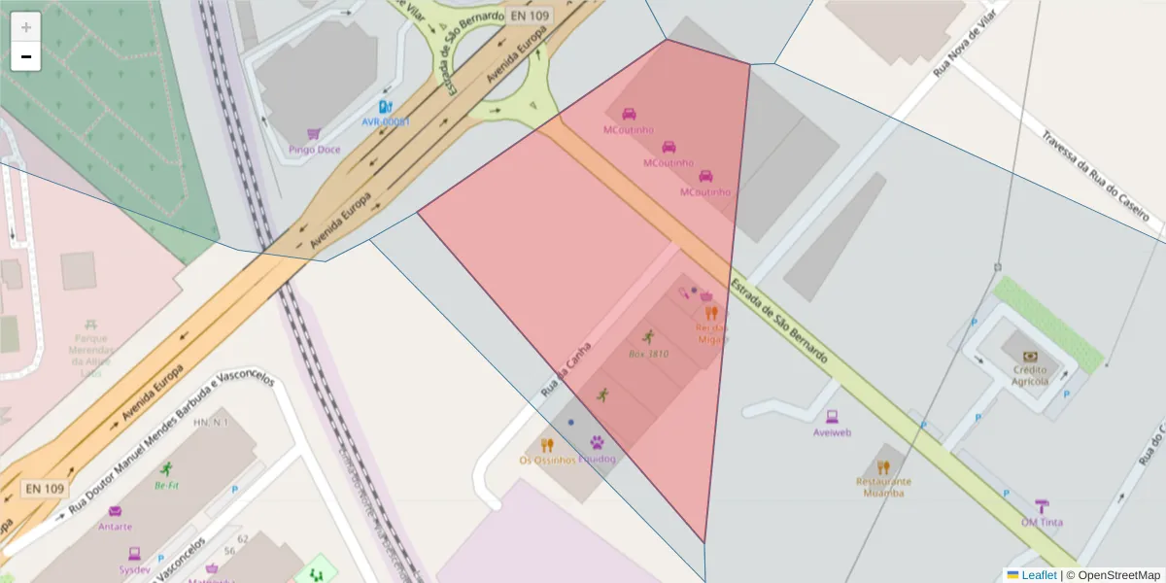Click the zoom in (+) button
(x=26, y=26)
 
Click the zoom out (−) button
(x=26, y=56)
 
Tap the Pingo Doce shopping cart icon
(x=314, y=134)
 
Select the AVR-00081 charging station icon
(x=385, y=107)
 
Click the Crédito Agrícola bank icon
(x=1030, y=357)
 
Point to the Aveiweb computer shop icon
(x=832, y=416)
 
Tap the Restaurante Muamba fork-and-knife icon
(x=882, y=467)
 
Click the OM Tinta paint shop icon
(x=1042, y=505)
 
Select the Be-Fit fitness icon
(x=166, y=468)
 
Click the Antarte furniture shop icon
(x=115, y=511)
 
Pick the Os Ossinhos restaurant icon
(x=547, y=445)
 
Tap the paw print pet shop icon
(x=596, y=442)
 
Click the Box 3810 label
(x=648, y=355)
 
